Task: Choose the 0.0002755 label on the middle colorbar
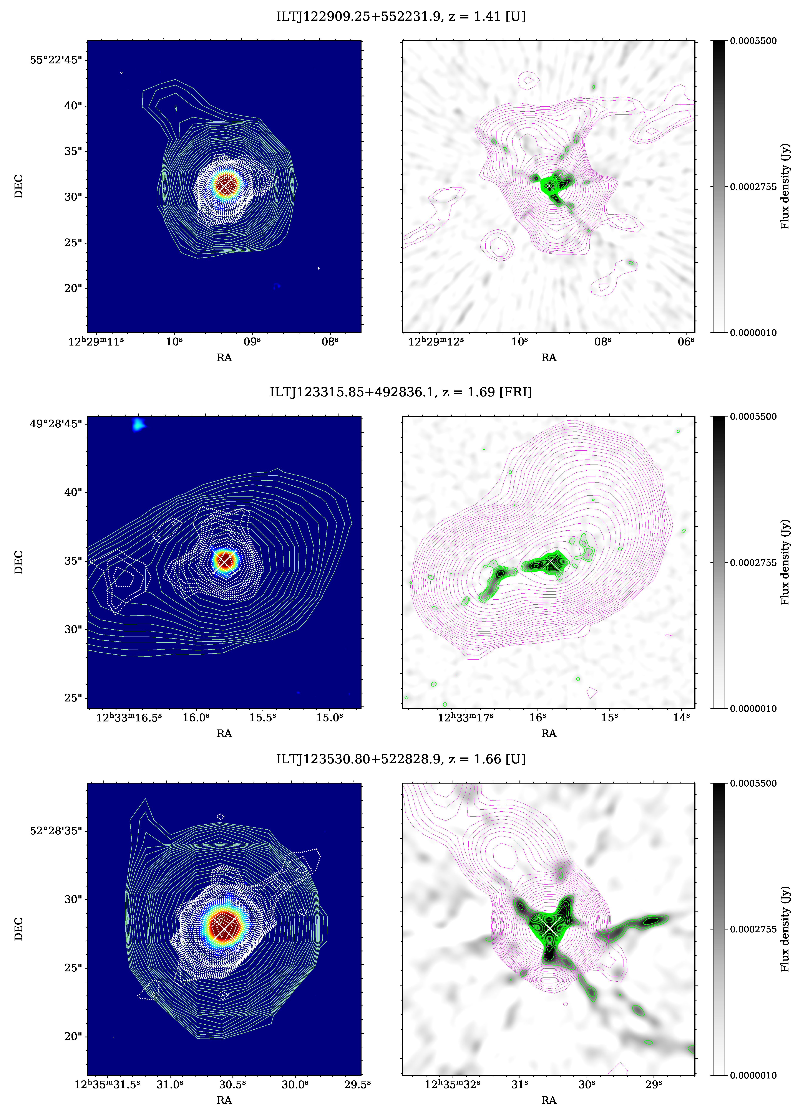coord(753,562)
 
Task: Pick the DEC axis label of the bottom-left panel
coord(19,929)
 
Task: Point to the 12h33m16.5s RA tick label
coord(129,718)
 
